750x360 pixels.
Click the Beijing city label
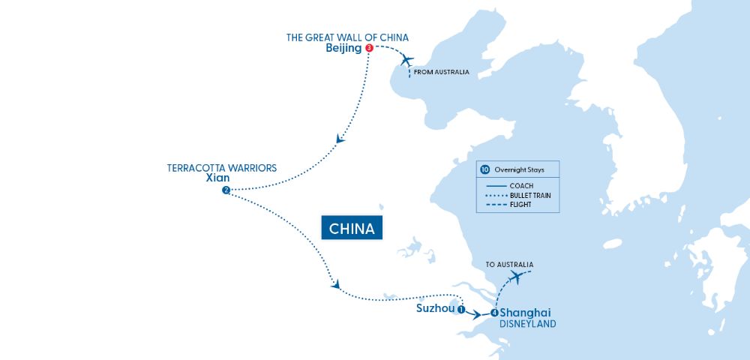343,48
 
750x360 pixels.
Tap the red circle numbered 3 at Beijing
369,48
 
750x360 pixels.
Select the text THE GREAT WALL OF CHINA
347,37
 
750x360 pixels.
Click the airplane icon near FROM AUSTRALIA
406,60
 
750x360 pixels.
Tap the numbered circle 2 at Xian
226,190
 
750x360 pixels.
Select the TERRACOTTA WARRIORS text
221,168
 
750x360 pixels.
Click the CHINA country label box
352,228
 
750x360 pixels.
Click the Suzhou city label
434,308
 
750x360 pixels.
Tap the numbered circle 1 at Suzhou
461,309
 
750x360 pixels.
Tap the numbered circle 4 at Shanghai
494,313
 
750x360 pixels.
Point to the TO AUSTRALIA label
509,265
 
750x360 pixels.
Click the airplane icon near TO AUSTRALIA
515,277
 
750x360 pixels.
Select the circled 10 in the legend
484,169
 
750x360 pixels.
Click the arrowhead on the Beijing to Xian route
340,139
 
